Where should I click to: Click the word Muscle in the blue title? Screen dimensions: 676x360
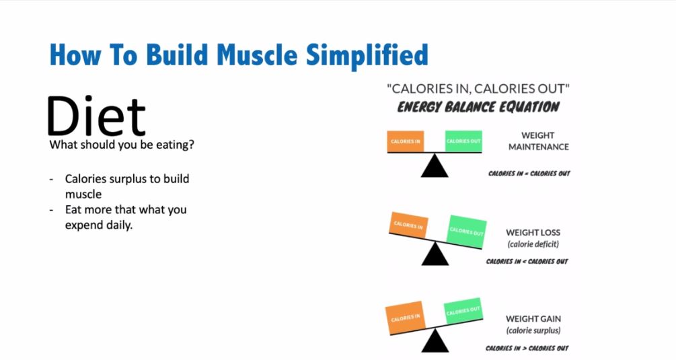click(256, 55)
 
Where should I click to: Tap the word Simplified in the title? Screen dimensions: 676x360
click(367, 56)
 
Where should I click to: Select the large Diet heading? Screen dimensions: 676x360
click(96, 116)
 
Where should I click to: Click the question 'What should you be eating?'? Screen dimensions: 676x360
click(122, 145)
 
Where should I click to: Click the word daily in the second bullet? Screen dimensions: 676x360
click(118, 225)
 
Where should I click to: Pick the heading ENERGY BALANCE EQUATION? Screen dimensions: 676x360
click(478, 107)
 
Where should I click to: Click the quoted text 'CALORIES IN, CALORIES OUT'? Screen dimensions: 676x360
click(478, 89)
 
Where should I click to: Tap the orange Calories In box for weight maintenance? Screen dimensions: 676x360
click(405, 141)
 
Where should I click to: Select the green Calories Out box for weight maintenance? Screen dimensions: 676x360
click(463, 141)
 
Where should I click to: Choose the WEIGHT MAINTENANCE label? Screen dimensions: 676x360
click(539, 141)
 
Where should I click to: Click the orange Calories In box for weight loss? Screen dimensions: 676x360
click(409, 225)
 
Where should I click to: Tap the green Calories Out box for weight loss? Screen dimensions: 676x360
click(467, 231)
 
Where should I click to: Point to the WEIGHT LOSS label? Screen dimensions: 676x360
click(533, 232)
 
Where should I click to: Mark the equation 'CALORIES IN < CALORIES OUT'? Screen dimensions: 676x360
click(527, 261)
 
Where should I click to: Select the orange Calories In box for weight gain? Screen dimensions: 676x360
click(405, 318)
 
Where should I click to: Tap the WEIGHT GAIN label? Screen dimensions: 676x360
click(533, 319)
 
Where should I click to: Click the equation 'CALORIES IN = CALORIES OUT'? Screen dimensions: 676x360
click(529, 174)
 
